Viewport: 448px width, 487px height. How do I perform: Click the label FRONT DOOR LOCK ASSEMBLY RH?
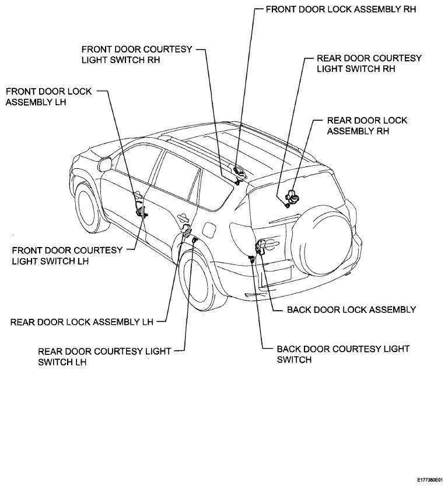pos(341,9)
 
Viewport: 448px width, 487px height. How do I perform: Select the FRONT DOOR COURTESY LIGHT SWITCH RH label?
pos(137,54)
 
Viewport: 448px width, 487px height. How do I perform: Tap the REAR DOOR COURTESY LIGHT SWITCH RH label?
pos(369,64)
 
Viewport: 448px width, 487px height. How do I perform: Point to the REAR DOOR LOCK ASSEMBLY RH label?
pos(367,126)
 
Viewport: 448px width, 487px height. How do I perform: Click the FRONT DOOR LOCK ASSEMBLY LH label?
pos(49,96)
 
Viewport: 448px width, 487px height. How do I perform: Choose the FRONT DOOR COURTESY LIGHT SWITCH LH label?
pos(67,256)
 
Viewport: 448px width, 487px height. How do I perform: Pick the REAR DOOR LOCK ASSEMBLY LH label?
pos(82,322)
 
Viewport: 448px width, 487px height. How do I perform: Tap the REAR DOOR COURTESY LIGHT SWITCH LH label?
pos(104,357)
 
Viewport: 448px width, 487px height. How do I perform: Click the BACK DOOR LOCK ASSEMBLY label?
pos(352,309)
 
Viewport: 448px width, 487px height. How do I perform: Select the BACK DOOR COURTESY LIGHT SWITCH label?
pos(343,354)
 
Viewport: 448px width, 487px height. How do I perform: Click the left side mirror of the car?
pos(105,164)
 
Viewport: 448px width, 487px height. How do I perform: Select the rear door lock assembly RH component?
pos(292,196)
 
